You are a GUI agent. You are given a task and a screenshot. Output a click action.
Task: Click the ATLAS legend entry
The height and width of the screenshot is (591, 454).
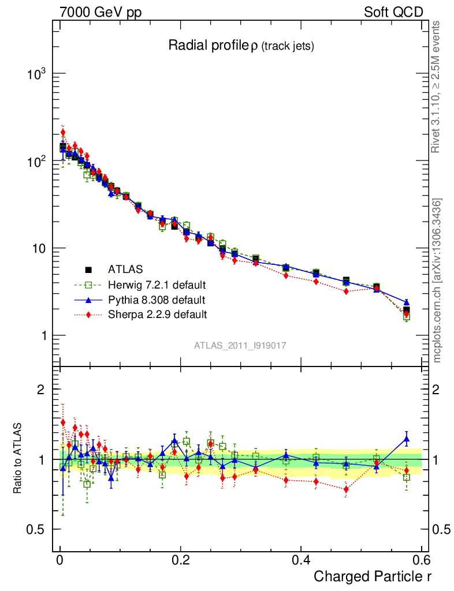(125, 269)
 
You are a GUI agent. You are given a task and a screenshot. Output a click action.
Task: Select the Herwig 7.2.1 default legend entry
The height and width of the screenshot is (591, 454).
(157, 285)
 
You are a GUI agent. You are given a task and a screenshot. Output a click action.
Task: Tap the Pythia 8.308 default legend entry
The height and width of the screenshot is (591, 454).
(156, 300)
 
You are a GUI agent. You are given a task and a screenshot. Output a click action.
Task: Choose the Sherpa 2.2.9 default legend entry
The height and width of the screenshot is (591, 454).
(157, 315)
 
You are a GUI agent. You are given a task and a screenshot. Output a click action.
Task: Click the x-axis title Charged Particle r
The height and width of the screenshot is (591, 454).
(373, 577)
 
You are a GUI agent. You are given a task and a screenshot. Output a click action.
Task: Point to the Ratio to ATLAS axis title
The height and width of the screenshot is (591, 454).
(18, 458)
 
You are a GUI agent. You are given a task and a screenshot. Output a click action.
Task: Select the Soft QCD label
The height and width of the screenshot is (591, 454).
(394, 12)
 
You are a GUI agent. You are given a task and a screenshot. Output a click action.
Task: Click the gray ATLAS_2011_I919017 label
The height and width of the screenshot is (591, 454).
(240, 345)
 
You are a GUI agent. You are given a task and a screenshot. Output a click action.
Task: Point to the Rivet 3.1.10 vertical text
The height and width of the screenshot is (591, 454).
(437, 87)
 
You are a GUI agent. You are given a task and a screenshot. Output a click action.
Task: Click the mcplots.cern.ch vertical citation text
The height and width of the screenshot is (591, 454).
(437, 280)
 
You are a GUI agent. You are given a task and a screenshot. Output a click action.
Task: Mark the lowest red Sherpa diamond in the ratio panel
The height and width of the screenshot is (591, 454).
(346, 489)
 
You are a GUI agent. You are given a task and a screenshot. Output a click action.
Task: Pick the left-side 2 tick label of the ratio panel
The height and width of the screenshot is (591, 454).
(41, 390)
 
